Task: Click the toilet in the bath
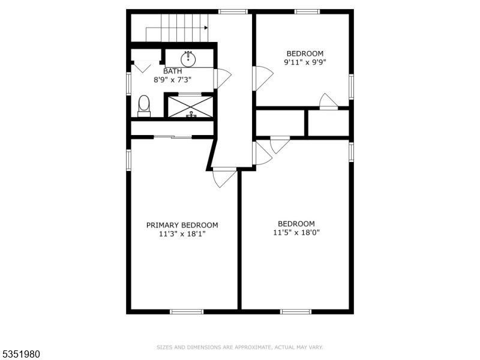click(x=144, y=106)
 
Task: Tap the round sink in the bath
click(x=188, y=59)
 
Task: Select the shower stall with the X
click(x=190, y=107)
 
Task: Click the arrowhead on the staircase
click(x=206, y=28)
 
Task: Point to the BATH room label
click(x=173, y=71)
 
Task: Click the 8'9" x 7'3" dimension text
click(x=172, y=80)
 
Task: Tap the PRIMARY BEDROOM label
click(x=182, y=226)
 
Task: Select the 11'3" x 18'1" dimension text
click(x=182, y=234)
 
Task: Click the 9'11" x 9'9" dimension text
click(x=305, y=62)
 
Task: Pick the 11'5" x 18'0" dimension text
click(x=296, y=233)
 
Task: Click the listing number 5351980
click(x=20, y=354)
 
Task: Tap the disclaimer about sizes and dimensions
click(x=239, y=347)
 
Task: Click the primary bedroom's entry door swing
click(x=224, y=177)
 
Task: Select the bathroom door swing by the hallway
click(x=222, y=79)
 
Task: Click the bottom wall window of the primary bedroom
click(x=187, y=311)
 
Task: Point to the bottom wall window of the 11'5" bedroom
click(x=296, y=311)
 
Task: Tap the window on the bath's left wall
click(x=128, y=83)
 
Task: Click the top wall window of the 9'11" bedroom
click(x=307, y=11)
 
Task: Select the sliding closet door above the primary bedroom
click(x=173, y=137)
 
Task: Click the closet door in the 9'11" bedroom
click(x=328, y=101)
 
